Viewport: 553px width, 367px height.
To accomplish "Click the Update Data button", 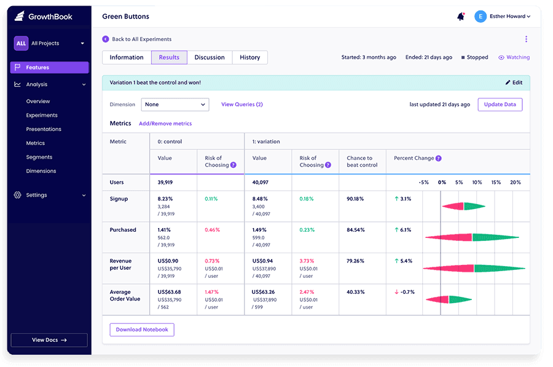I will coord(500,105).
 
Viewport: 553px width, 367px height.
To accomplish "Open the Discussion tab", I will coord(210,57).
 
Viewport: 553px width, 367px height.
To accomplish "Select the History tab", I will coord(249,57).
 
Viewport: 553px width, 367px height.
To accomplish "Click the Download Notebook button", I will coord(142,330).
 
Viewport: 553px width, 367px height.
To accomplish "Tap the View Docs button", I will coord(49,340).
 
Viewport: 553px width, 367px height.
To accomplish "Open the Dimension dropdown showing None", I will coord(175,105).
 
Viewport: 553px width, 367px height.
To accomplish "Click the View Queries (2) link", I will coord(242,105).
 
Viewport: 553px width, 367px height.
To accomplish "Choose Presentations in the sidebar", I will coord(44,129).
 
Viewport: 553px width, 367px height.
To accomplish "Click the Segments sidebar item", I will coord(39,157).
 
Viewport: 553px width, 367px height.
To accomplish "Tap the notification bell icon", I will coord(460,17).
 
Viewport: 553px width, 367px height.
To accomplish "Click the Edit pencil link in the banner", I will coord(514,82).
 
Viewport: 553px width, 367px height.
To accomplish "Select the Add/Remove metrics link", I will coord(165,124).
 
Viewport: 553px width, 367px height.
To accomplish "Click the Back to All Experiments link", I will coord(141,39).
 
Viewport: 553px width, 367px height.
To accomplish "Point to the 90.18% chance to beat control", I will coord(355,199).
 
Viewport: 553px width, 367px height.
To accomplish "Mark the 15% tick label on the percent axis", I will coord(496,182).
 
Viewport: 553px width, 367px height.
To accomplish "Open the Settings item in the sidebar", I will coord(36,195).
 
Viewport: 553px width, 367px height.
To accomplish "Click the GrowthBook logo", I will coord(44,17).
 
